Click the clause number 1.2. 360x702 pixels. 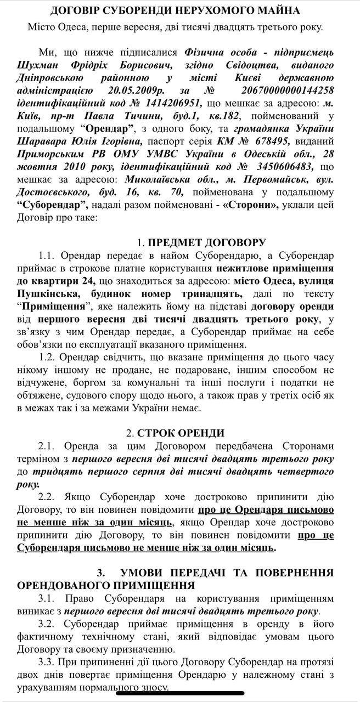[x=47, y=357]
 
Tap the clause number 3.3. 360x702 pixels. [x=47, y=662]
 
